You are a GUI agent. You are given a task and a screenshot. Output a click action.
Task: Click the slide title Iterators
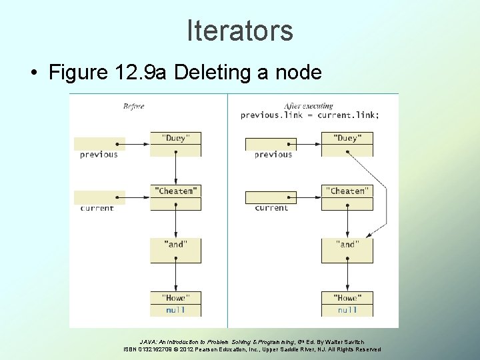(240, 31)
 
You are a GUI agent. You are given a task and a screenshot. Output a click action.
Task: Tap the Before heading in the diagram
(133, 106)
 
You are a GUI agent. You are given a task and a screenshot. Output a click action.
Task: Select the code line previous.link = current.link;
(310, 115)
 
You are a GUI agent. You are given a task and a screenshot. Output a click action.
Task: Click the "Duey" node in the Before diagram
(175, 139)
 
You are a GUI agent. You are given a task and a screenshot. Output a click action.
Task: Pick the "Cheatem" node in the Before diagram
(175, 191)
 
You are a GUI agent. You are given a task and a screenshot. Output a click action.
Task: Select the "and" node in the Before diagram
(175, 245)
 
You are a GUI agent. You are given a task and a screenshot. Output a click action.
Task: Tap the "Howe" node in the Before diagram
(175, 298)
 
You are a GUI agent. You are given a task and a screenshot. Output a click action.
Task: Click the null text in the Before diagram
(175, 310)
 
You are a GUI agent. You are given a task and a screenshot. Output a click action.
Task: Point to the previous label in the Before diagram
(99, 155)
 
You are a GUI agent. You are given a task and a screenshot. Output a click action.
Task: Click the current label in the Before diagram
(97, 208)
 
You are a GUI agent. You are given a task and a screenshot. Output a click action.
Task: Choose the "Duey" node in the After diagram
(347, 139)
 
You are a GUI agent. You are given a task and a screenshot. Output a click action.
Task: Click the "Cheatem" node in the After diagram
(347, 191)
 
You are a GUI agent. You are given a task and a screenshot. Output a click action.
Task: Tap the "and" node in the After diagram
(347, 245)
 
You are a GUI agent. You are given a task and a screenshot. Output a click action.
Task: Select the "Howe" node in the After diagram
(347, 298)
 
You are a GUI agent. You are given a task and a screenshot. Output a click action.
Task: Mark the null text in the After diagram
(347, 310)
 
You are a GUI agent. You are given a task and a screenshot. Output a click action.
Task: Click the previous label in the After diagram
(273, 155)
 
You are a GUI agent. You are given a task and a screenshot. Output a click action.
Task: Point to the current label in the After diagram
(271, 208)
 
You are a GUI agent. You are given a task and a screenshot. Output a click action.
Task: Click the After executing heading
(308, 106)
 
